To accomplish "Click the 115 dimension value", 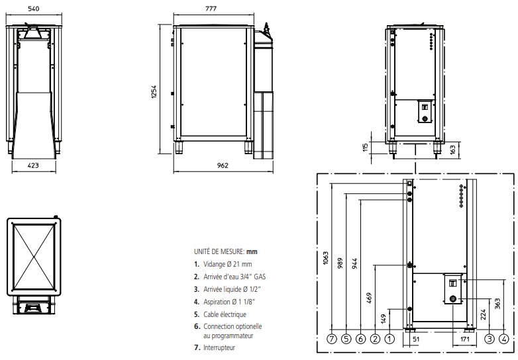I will tap(364, 147).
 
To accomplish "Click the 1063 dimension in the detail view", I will tap(325, 257).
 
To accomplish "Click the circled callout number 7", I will tap(331, 339).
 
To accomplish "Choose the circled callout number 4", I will tap(505, 339).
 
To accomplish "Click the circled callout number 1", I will tap(389, 339).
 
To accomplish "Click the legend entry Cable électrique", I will tap(225, 314).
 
